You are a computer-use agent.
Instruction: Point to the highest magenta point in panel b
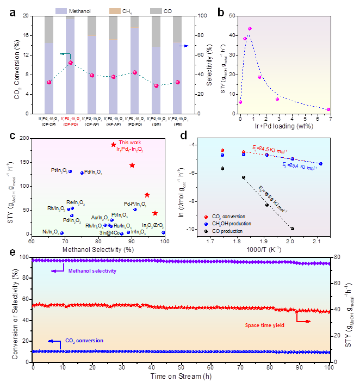tap(250, 28)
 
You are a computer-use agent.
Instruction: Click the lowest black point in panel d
tap(293, 229)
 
